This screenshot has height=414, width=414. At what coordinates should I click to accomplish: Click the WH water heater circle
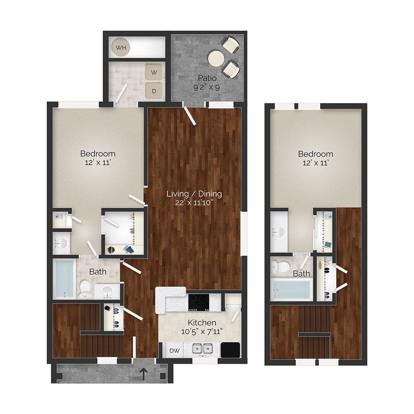(x=121, y=48)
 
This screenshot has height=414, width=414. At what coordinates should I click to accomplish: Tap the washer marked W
(x=154, y=72)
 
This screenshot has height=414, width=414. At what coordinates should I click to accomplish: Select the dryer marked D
(x=154, y=91)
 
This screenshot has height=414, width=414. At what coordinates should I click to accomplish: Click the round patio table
(x=216, y=58)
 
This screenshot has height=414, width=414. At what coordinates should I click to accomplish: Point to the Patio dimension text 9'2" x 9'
(x=207, y=87)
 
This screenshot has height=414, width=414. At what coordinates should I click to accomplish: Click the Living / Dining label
(x=194, y=194)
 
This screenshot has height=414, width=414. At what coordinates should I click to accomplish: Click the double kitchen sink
(x=202, y=349)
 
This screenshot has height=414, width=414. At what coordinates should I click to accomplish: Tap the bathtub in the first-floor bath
(x=64, y=279)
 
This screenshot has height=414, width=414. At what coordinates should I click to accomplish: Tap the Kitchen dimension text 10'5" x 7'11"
(x=202, y=331)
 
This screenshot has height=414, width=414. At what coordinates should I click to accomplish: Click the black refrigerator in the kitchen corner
(x=230, y=350)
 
